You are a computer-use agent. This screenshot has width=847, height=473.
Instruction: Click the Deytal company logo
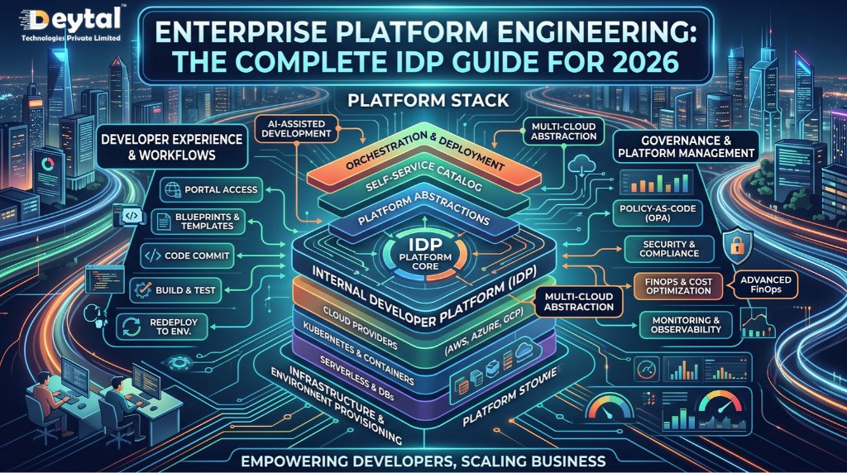[71, 23]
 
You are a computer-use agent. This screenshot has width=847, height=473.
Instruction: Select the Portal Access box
[212, 189]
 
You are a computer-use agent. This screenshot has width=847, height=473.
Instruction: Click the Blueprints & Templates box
[199, 221]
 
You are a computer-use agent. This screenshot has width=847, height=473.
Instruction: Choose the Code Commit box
[188, 256]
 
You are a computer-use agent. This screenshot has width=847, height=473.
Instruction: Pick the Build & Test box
[176, 290]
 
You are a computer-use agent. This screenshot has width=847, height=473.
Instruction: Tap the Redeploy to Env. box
[162, 327]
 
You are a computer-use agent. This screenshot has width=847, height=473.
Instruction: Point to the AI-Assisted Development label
[297, 128]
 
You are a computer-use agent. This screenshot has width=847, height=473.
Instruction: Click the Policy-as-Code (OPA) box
[658, 213]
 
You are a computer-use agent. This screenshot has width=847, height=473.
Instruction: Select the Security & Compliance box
[668, 249]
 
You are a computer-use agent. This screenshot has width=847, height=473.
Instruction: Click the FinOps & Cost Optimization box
[678, 285]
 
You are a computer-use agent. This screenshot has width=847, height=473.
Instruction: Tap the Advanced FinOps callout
[765, 284]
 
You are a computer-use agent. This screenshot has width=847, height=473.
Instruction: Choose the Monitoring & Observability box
[686, 324]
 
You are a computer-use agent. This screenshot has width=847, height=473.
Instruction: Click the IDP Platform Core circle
[424, 254]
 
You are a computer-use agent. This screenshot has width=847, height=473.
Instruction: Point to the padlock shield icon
[736, 246]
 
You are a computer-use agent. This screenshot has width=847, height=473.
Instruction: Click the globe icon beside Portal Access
[172, 189]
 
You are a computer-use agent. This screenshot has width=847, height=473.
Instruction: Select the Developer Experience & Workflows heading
[172, 147]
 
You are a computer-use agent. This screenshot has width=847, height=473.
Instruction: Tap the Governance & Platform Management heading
[686, 146]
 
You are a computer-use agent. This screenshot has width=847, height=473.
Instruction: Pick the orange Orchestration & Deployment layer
[423, 155]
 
